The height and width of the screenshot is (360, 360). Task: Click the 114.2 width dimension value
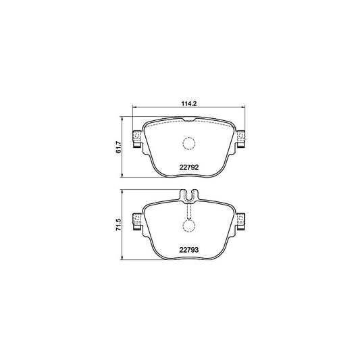[x=189, y=103]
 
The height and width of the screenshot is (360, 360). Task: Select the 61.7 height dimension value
[x=118, y=147]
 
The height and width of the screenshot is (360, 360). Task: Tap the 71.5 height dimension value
[x=118, y=224]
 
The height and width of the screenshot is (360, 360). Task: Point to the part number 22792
[x=188, y=168]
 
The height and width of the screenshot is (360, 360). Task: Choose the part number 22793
[x=188, y=250]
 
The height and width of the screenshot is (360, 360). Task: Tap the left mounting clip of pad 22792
[x=137, y=139]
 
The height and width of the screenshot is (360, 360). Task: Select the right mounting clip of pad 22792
[x=240, y=139]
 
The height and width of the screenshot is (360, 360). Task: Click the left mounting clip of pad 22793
[x=137, y=222]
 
